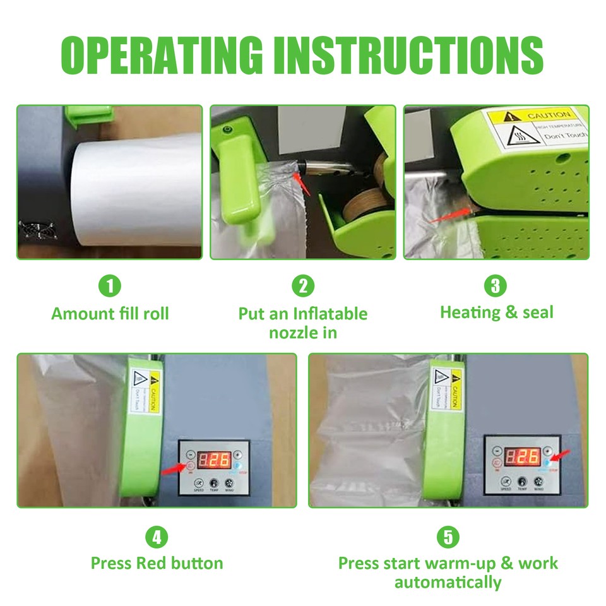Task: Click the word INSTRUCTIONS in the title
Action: tap(408, 55)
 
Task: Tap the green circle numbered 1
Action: tap(110, 287)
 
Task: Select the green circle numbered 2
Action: tap(303, 287)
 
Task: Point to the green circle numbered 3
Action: tap(496, 287)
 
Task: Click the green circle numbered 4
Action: tap(157, 538)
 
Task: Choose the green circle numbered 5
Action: tap(448, 538)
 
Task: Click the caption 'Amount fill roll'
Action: tap(110, 314)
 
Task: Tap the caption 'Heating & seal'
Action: tap(496, 312)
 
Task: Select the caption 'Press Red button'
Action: tap(157, 563)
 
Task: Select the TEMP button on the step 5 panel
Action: tap(522, 483)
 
